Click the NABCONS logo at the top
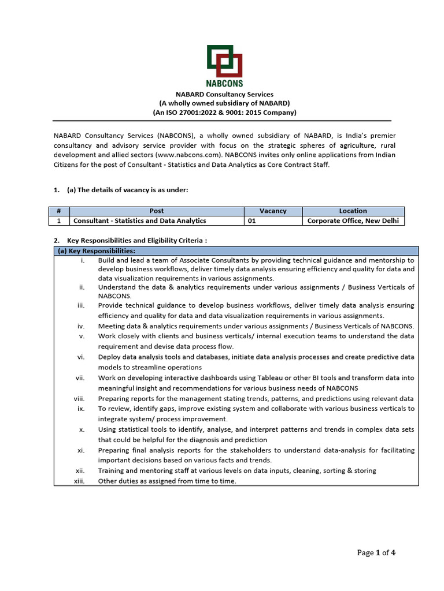[224, 65]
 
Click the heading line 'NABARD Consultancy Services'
[224, 94]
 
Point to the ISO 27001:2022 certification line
[224, 113]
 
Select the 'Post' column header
[156, 211]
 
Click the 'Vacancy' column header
[273, 211]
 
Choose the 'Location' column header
[353, 211]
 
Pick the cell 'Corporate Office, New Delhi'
[353, 220]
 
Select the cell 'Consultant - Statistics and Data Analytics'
[139, 220]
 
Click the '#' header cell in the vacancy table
[59, 211]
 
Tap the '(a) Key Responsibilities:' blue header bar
[236, 251]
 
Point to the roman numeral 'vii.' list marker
[80, 378]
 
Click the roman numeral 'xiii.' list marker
[79, 481]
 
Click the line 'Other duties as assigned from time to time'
[167, 481]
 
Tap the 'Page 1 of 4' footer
[376, 553]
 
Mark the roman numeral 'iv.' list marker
[81, 326]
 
